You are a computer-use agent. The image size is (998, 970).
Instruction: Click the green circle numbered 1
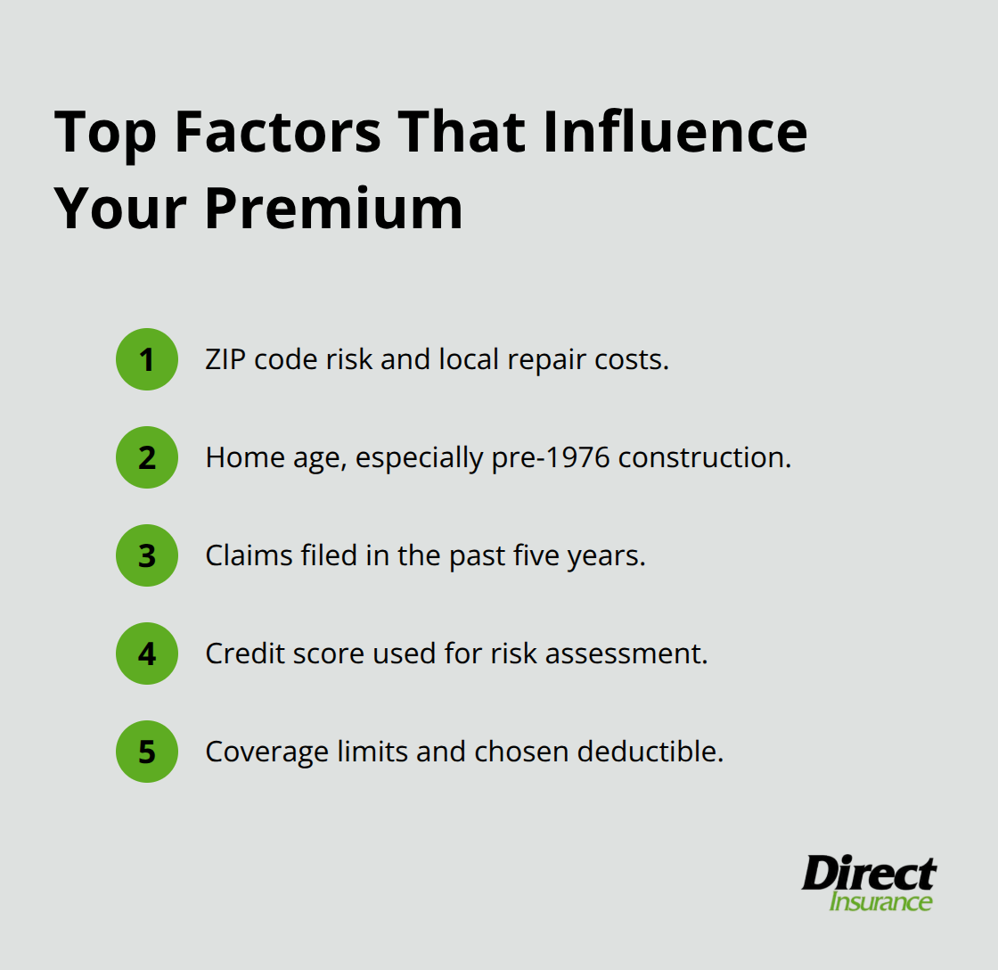[x=147, y=359]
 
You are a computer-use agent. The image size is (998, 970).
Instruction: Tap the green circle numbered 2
[x=147, y=457]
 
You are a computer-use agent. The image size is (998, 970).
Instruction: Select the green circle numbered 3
[x=147, y=555]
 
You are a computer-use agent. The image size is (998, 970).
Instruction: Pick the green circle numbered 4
[x=147, y=654]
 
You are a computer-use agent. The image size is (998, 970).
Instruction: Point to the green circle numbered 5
[x=147, y=752]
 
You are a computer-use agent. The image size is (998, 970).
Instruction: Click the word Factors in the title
[x=278, y=132]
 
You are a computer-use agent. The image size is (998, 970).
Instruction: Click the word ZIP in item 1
[x=225, y=359]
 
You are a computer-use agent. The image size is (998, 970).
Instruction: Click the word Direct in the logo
[x=869, y=874]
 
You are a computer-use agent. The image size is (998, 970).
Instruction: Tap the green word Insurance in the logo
[x=880, y=901]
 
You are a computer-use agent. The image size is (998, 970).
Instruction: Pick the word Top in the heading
[x=104, y=132]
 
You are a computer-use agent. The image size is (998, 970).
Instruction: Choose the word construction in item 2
[x=704, y=457]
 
